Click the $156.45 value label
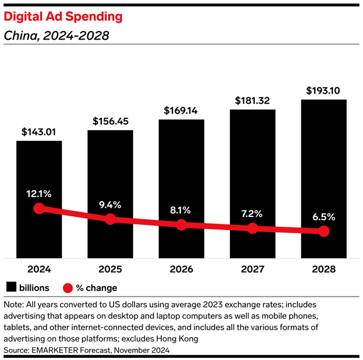(110, 122)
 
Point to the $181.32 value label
(252, 101)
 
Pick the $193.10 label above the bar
(323, 91)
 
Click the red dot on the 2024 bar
(39, 208)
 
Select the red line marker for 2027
(252, 229)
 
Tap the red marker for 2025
(111, 219)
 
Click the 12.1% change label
(39, 193)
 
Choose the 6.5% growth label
(323, 216)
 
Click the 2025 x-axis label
(110, 269)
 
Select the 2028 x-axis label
(323, 269)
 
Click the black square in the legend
(11, 287)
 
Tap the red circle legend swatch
(67, 287)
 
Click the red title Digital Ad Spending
(63, 16)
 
